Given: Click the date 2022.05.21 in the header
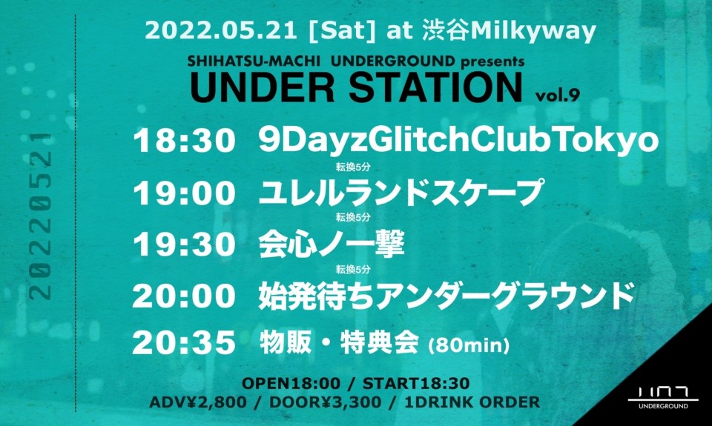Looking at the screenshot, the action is coord(221,30).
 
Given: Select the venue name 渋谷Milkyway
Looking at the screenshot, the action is coord(509,32).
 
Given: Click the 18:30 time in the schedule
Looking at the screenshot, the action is coord(184,141).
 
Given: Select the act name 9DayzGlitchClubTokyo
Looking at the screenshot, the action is coord(458,142).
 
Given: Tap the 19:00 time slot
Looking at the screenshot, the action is coord(184,193).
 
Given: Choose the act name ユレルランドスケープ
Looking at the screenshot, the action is coord(400,193).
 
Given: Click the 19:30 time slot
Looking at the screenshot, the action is coord(184,245).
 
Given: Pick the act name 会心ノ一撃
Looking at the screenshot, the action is coord(332,245).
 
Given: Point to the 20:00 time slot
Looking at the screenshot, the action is coord(184,296).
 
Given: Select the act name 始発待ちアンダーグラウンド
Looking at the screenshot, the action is coord(446,296).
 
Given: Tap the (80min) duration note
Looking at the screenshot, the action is coord(468,346).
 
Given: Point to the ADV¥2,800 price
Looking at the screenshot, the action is coord(198,402).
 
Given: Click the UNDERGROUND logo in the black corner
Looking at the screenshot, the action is coord(663,398).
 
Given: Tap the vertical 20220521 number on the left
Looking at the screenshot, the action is coord(40,216).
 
